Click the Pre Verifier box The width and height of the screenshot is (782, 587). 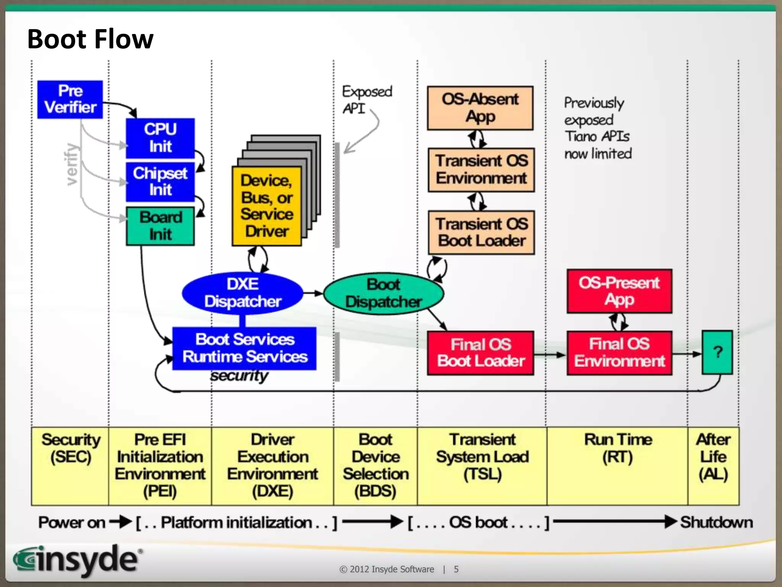click(70, 99)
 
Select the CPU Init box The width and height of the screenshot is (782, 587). click(160, 138)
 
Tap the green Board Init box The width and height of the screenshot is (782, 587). click(160, 226)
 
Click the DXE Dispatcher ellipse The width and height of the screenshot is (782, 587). click(242, 293)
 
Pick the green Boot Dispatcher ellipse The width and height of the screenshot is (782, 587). click(383, 293)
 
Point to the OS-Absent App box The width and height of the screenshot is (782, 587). click(480, 108)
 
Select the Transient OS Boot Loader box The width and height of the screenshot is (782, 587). click(481, 232)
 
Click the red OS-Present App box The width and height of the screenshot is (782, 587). click(619, 291)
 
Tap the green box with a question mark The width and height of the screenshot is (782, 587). click(717, 352)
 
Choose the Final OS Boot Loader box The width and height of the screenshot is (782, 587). click(480, 353)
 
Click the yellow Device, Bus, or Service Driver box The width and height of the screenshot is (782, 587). click(267, 206)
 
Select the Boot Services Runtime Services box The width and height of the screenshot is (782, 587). click(244, 348)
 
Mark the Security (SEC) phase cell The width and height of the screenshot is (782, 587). click(70, 465)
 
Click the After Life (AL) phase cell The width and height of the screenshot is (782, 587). click(713, 465)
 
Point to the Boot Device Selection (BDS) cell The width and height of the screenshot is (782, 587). click(375, 465)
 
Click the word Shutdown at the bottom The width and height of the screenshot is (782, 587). click(716, 522)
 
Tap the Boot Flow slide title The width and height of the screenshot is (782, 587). click(90, 39)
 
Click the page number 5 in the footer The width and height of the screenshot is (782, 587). click(456, 569)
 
